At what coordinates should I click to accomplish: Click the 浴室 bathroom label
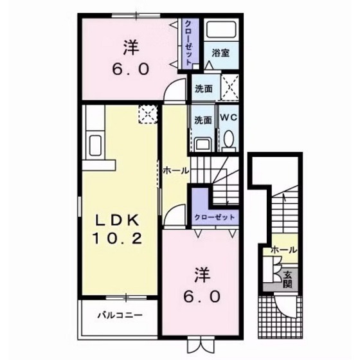pyautogui.click(x=221, y=53)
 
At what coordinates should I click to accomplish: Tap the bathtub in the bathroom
pyautogui.click(x=221, y=31)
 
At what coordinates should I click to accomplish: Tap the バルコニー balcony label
pyautogui.click(x=120, y=316)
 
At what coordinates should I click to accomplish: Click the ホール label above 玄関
pyautogui.click(x=283, y=249)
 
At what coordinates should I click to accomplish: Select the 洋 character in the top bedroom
pyautogui.click(x=131, y=47)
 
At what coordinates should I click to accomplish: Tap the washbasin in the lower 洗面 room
pyautogui.click(x=203, y=142)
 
